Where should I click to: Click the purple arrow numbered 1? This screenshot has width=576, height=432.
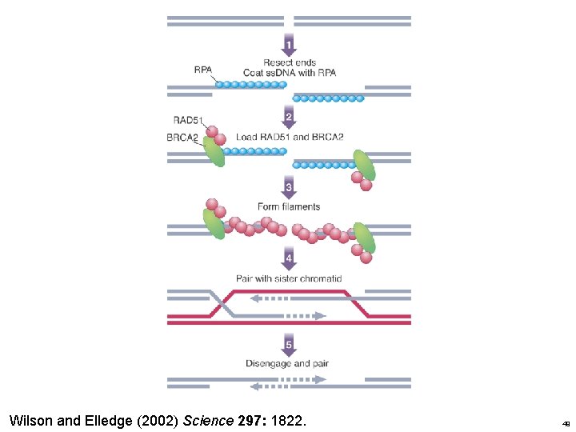[x=289, y=42]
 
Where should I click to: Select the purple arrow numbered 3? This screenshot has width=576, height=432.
[x=289, y=188]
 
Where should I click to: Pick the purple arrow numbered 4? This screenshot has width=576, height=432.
[x=289, y=258]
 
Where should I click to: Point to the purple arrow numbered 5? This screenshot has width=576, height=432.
[x=289, y=346]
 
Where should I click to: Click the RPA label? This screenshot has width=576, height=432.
[x=203, y=70]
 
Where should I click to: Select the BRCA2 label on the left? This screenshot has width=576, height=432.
[x=184, y=138]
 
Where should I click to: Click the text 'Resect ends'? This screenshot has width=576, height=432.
[x=289, y=62]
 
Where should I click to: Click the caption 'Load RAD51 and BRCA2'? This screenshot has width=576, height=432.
[x=289, y=137]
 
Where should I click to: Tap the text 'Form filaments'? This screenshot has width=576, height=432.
[x=289, y=206]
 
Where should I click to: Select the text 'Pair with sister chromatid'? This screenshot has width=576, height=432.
[x=289, y=278]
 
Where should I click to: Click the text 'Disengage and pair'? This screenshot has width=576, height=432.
[x=287, y=363]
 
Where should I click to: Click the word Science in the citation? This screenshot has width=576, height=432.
[x=208, y=419]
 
